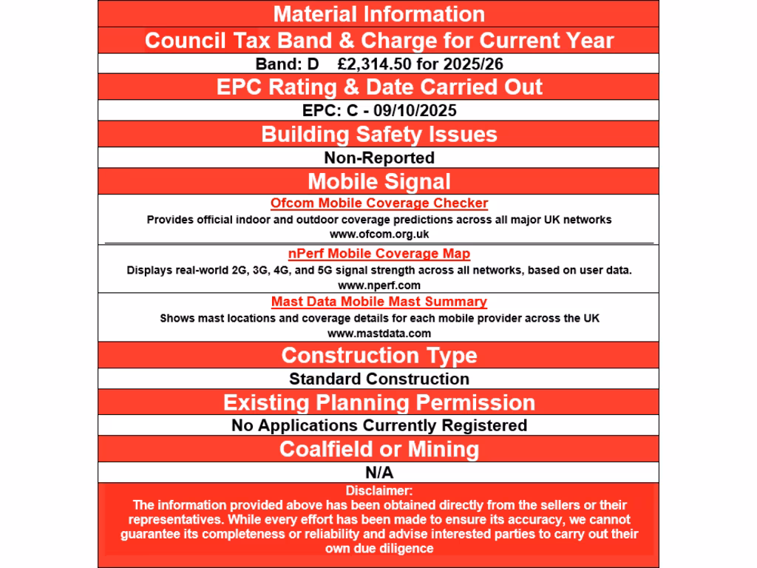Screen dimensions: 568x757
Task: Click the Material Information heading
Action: (x=378, y=14)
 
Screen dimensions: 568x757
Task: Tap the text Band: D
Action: (x=287, y=64)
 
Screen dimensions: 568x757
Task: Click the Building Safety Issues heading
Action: (x=378, y=135)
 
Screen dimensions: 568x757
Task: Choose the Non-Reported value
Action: (x=378, y=158)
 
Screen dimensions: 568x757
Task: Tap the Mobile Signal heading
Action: (x=378, y=181)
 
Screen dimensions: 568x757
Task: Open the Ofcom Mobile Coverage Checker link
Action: (x=378, y=203)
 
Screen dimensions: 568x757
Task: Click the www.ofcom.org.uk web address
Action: (x=378, y=234)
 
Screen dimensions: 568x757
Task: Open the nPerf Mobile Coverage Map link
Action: (x=378, y=254)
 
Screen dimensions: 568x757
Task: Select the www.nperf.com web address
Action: (x=378, y=285)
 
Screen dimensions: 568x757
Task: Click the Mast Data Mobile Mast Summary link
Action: (x=378, y=302)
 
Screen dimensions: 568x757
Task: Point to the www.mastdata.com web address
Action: (x=378, y=334)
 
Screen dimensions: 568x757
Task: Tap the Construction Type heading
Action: (x=378, y=355)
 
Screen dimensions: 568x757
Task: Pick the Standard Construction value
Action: (x=378, y=379)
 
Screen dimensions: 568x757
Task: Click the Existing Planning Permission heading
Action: (x=378, y=402)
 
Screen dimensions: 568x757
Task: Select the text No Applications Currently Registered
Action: (x=378, y=425)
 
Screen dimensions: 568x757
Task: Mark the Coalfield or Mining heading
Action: (x=378, y=449)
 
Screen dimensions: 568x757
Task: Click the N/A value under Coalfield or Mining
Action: (x=378, y=471)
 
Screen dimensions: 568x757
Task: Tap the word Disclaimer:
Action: (x=378, y=490)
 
